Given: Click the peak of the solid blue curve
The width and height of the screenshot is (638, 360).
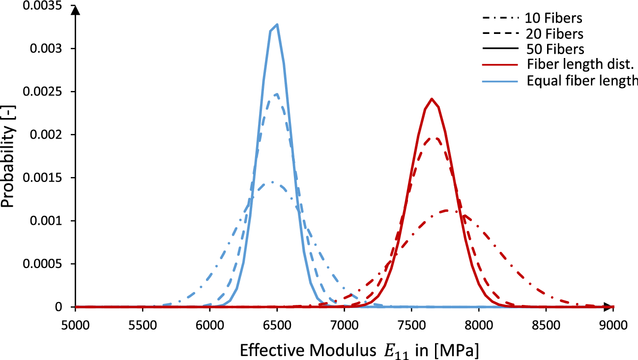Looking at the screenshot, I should click(277, 24).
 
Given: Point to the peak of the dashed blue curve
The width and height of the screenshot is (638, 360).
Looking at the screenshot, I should click(276, 94).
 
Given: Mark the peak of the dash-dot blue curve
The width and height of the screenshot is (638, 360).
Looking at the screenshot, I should click(271, 182).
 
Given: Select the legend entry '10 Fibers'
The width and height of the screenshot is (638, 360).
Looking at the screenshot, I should click(553, 19).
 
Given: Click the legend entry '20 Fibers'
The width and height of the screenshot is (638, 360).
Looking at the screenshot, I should click(554, 34).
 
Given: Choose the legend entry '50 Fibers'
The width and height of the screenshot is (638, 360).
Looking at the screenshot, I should click(554, 49).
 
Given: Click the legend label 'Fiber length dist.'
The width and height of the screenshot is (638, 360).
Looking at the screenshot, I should click(581, 64).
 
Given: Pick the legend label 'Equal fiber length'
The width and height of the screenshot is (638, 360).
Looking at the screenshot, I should click(581, 80).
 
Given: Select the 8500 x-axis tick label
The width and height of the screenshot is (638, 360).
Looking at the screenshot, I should click(546, 325).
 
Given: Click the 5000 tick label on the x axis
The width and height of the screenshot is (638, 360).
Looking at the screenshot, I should click(75, 325).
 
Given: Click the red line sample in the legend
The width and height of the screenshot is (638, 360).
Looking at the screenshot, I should click(501, 64).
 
